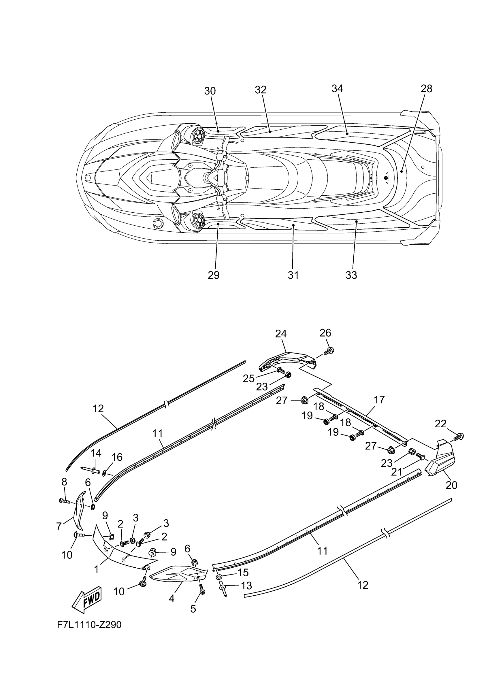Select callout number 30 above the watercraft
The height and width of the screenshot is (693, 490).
(x=210, y=91)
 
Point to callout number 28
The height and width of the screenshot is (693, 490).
(x=427, y=88)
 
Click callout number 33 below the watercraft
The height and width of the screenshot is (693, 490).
(x=351, y=275)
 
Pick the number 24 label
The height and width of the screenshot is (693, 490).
(x=281, y=334)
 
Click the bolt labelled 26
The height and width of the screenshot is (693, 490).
(x=330, y=351)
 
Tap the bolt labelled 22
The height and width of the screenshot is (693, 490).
(x=460, y=436)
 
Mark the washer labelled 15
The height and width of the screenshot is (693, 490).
(x=218, y=577)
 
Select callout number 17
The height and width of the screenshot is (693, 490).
(x=379, y=400)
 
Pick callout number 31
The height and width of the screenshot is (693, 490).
(x=293, y=275)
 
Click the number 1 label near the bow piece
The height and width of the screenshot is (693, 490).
(x=96, y=570)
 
